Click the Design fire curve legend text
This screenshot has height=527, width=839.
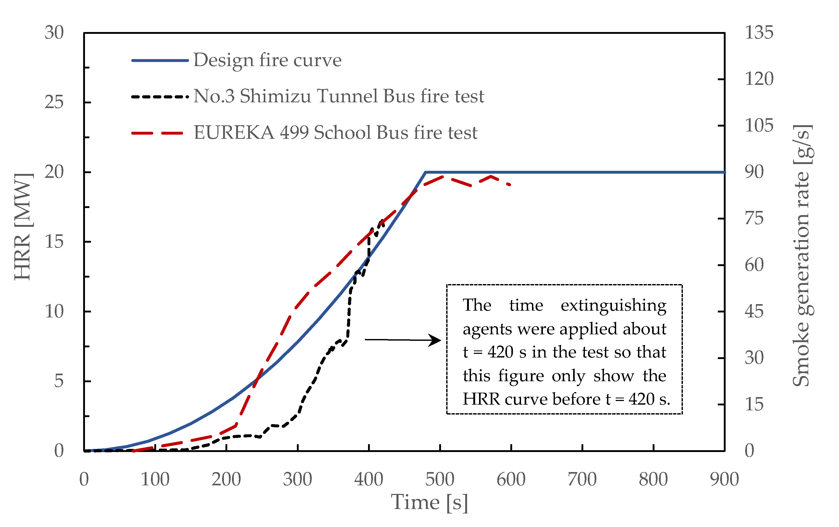click(x=267, y=60)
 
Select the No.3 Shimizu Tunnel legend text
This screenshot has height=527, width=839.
click(x=339, y=96)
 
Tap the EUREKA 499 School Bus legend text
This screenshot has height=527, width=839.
click(x=335, y=133)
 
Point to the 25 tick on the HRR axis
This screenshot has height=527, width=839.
click(x=54, y=102)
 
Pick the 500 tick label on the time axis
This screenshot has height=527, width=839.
click(x=440, y=479)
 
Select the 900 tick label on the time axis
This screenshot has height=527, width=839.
click(x=724, y=479)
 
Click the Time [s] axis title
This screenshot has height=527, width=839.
click(x=429, y=503)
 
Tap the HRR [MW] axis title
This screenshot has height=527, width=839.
click(x=23, y=226)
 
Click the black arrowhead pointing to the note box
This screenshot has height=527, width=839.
click(x=436, y=340)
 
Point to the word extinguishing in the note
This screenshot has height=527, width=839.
click(x=613, y=306)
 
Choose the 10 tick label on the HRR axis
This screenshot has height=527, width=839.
click(x=54, y=311)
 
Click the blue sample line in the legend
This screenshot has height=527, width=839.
click(x=160, y=60)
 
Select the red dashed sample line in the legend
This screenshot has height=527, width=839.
click(x=157, y=133)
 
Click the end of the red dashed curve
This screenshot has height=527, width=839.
click(x=510, y=185)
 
